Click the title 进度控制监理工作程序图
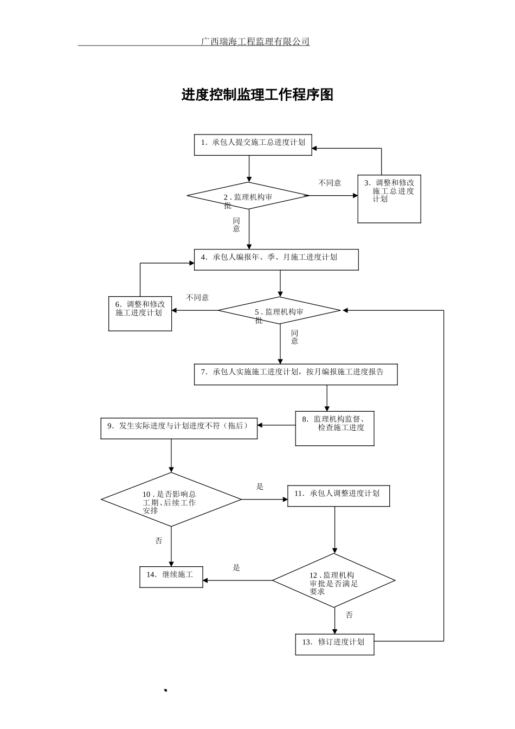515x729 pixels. [x=257, y=95]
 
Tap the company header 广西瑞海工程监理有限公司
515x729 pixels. [x=255, y=41]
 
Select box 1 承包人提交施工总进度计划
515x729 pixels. [x=253, y=145]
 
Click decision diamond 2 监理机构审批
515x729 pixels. [x=249, y=196]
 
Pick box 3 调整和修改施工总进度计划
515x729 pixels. [x=389, y=199]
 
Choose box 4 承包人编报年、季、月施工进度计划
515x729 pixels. [x=276, y=259]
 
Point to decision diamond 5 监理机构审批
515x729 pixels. [x=279, y=311]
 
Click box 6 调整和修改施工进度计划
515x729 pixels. [x=140, y=313]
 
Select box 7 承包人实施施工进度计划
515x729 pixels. [x=295, y=374]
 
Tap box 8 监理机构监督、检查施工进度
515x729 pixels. [x=334, y=428]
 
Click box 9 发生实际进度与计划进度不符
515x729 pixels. [x=179, y=428]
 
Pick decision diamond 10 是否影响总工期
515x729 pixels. [x=171, y=500]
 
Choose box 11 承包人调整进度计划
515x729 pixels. [x=338, y=496]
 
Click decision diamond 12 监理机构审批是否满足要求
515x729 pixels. [x=334, y=580]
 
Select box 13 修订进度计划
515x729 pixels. [x=334, y=644]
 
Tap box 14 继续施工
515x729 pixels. [x=171, y=576]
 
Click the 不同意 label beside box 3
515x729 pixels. [x=330, y=183]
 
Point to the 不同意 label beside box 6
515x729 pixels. [x=197, y=297]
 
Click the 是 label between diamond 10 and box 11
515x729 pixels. [x=260, y=487]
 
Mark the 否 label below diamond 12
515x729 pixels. [x=349, y=615]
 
